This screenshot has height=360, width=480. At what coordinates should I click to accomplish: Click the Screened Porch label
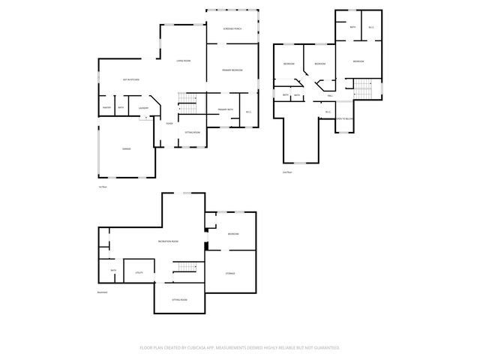tap(232, 29)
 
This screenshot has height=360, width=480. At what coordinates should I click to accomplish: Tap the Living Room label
tap(183, 61)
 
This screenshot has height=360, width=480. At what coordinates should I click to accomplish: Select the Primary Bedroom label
tap(232, 70)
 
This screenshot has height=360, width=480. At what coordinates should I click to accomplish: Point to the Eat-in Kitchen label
tap(131, 79)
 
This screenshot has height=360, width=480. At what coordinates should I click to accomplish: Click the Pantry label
tap(106, 108)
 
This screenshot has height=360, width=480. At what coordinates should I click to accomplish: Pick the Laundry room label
tap(143, 108)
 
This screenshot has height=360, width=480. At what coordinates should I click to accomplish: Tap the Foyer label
tap(169, 123)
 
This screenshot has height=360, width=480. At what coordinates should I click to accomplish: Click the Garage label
tap(127, 150)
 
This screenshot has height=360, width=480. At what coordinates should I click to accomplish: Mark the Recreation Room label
tap(168, 241)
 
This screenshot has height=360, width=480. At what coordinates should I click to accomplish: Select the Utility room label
tap(139, 273)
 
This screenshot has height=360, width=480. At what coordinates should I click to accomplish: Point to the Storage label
tap(230, 273)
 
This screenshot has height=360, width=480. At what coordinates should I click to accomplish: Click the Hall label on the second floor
tap(330, 96)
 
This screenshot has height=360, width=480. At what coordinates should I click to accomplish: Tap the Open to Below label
tap(344, 118)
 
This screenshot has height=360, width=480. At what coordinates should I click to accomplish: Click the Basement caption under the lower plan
tap(102, 292)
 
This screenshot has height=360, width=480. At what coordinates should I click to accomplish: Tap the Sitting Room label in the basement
tap(179, 299)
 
